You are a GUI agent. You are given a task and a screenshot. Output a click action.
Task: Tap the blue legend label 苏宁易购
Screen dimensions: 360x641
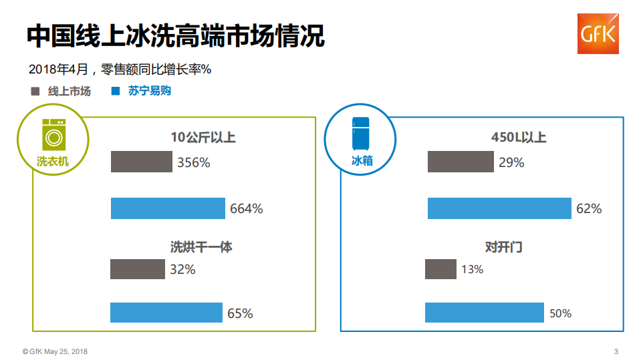tap(150, 91)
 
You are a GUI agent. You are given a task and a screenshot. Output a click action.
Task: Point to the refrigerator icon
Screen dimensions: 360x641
tap(361, 133)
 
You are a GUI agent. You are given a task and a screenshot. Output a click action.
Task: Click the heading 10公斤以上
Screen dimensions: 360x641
tap(203, 138)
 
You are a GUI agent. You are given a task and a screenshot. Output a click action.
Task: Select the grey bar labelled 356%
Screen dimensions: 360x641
tap(141, 162)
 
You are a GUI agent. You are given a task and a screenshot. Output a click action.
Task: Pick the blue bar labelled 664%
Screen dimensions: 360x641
tap(168, 208)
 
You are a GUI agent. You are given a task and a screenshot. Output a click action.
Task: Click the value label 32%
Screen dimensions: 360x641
tap(182, 270)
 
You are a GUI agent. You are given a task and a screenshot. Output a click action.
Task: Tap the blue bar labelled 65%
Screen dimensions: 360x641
tap(166, 313)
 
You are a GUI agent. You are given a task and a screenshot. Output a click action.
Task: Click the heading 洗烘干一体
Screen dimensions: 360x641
tap(201, 247)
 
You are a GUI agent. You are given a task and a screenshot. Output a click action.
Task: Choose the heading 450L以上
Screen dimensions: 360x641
tap(519, 138)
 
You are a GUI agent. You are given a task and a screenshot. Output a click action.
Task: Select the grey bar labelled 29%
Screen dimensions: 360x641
tap(461, 162)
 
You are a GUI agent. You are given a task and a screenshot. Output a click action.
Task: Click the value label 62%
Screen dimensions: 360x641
tap(589, 209)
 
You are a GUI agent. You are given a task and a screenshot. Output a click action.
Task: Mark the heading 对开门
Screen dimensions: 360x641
tap(503, 247)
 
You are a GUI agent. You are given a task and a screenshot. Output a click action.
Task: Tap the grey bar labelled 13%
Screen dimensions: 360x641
tap(440, 269)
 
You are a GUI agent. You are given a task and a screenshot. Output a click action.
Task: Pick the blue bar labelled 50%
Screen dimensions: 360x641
tap(484, 313)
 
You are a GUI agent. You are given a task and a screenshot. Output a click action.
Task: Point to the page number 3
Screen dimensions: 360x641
tap(616, 351)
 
